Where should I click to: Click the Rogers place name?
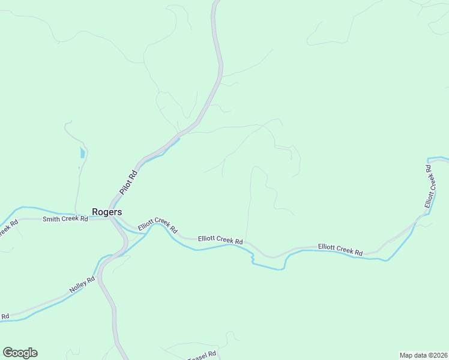[107, 212]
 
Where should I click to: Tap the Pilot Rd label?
[128, 182]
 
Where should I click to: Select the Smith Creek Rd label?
[65, 219]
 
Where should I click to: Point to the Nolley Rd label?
[82, 284]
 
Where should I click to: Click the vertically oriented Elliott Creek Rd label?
[429, 187]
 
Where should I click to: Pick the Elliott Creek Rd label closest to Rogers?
[157, 225]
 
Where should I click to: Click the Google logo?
[20, 353]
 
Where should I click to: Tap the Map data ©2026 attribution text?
[424, 355]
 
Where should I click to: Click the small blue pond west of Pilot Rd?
[82, 152]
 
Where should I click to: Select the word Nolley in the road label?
[79, 286]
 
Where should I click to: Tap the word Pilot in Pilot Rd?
[126, 186]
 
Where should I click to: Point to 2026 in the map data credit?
[439, 355]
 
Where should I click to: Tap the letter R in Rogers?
[95, 212]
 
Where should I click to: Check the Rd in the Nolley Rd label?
[91, 279]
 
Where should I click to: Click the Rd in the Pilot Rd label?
[134, 174]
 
